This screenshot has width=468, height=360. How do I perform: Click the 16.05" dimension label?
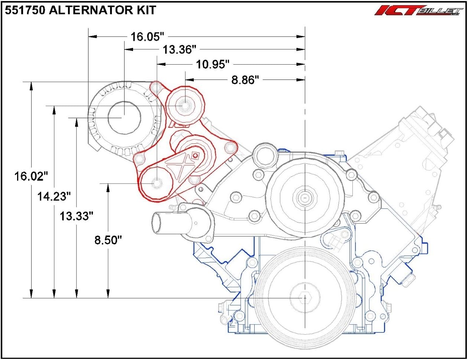pyautogui.click(x=147, y=37)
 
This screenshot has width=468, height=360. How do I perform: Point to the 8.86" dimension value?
pyautogui.click(x=245, y=80)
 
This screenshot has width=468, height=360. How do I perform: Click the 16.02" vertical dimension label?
pyautogui.click(x=32, y=176)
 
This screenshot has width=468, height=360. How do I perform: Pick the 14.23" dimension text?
pyautogui.click(x=54, y=196)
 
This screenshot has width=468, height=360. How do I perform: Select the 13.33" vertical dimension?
pyautogui.click(x=76, y=215)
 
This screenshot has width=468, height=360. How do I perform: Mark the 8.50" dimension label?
pyautogui.click(x=108, y=240)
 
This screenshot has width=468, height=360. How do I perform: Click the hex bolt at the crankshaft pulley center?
pyautogui.click(x=305, y=298)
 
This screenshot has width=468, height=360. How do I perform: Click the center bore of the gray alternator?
pyautogui.click(x=124, y=117)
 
